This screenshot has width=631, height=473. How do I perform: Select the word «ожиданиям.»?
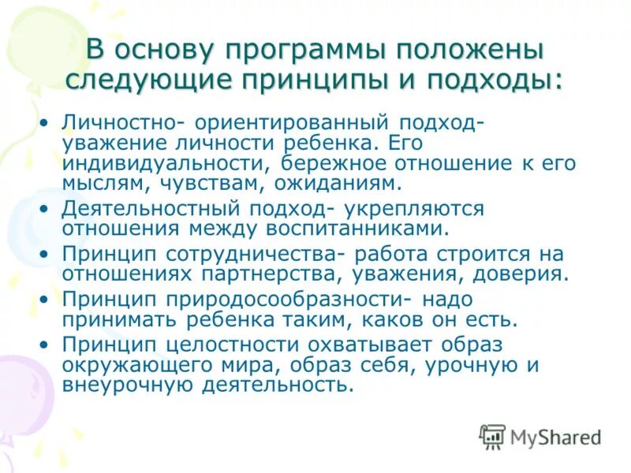(338, 184)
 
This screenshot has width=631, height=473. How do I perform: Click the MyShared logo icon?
(492, 435)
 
